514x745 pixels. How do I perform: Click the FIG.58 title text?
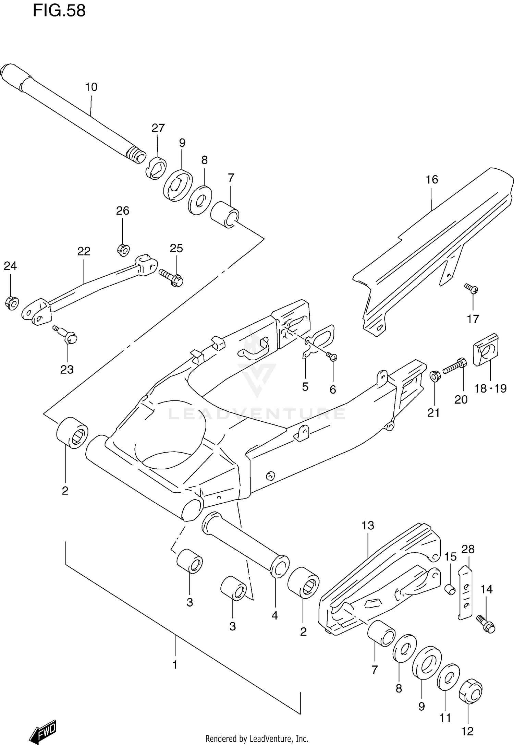click(x=59, y=11)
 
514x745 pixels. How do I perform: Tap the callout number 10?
click(x=91, y=87)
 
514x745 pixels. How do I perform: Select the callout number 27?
click(x=158, y=128)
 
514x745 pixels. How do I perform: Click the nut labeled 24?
click(x=12, y=303)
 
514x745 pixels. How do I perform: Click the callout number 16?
click(x=432, y=179)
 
